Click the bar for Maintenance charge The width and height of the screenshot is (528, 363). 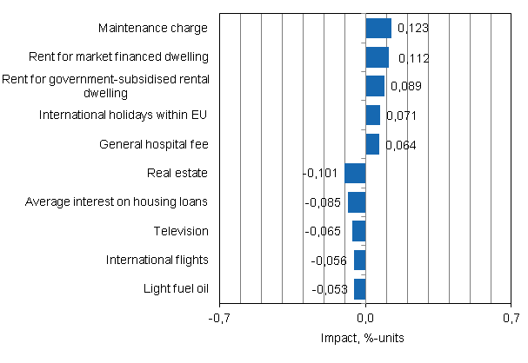(378, 29)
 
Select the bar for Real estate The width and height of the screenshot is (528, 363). (355, 173)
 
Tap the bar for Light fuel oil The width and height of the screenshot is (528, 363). (359, 289)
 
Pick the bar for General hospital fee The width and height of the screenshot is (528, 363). (372, 144)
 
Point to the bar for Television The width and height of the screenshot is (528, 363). (358, 231)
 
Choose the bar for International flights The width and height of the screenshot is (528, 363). (359, 260)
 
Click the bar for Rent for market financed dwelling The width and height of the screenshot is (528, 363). (377, 57)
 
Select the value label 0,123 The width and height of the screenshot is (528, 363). (412, 30)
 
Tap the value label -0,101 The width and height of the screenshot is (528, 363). (320, 174)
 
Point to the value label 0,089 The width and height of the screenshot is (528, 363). (405, 87)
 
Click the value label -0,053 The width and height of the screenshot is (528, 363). (331, 289)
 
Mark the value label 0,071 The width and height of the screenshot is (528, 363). (401, 115)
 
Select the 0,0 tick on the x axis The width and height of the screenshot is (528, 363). (365, 319)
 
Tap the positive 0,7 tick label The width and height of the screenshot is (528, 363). (510, 319)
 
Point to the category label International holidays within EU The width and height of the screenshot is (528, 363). (124, 115)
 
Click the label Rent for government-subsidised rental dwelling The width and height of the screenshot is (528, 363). (105, 86)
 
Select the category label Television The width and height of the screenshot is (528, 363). (181, 231)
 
